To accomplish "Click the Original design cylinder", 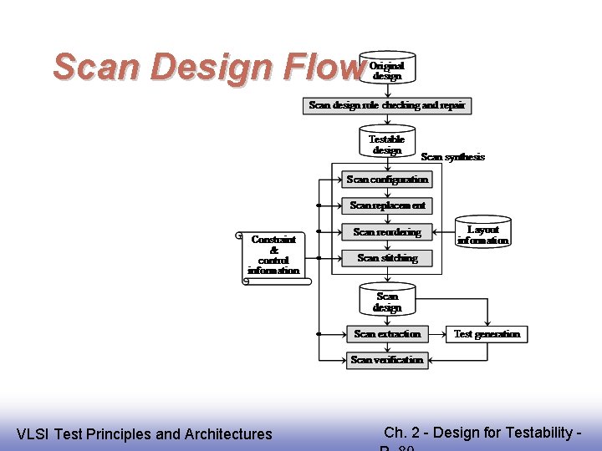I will (386, 70).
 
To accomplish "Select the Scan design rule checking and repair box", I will (386, 106).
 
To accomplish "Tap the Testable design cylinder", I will (386, 144).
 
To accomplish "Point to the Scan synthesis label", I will (452, 157).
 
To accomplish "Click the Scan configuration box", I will (386, 180).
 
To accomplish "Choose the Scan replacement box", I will (386, 205).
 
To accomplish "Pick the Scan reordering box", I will (386, 232).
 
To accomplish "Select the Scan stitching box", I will (386, 258).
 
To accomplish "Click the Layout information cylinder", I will (482, 234).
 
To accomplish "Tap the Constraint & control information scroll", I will (274, 255).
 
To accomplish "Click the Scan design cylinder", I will (386, 302).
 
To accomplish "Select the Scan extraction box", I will (386, 334).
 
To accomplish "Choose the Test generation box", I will (487, 334).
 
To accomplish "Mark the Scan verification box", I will (386, 360).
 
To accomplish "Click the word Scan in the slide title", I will (91, 67).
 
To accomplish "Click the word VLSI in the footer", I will (33, 434).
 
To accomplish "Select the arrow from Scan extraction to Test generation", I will (436, 334).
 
